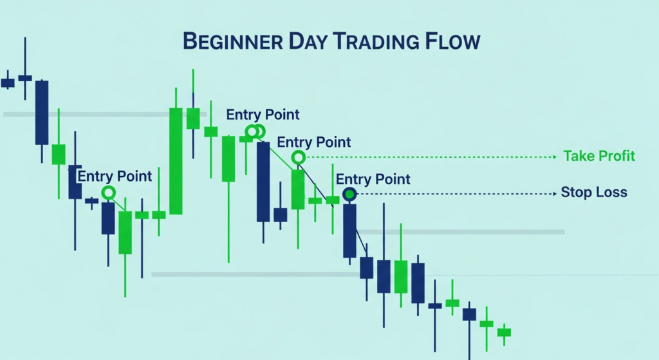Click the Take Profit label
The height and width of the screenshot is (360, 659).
click(599, 156)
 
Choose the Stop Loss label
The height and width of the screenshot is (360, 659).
click(593, 193)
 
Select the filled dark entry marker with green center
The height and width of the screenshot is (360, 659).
click(349, 193)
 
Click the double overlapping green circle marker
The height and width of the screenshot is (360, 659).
click(255, 131)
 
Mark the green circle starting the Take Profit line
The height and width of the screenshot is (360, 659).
click(298, 156)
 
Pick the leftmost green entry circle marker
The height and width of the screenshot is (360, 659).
click(108, 192)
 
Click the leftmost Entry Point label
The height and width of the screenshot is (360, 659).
click(115, 176)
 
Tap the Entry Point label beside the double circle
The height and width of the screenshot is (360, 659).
click(263, 115)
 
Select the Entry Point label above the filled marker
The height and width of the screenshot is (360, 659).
click(373, 179)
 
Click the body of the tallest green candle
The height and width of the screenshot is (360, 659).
click(176, 161)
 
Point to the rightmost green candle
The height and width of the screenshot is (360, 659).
click(504, 332)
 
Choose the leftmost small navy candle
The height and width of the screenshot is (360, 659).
click(8, 82)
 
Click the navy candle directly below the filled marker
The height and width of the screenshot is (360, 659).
click(349, 231)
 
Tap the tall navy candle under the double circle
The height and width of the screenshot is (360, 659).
click(263, 182)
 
